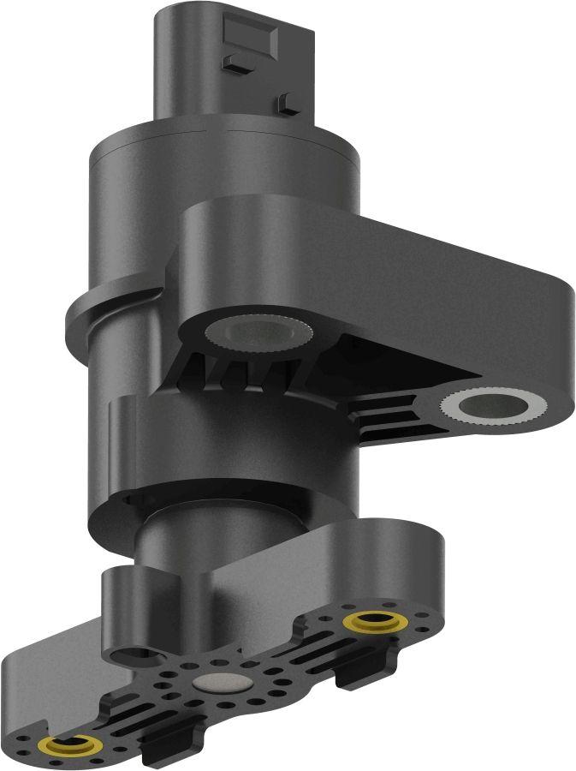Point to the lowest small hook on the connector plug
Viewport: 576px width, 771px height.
click(289, 103)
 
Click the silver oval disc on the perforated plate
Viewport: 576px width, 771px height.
click(218, 682)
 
